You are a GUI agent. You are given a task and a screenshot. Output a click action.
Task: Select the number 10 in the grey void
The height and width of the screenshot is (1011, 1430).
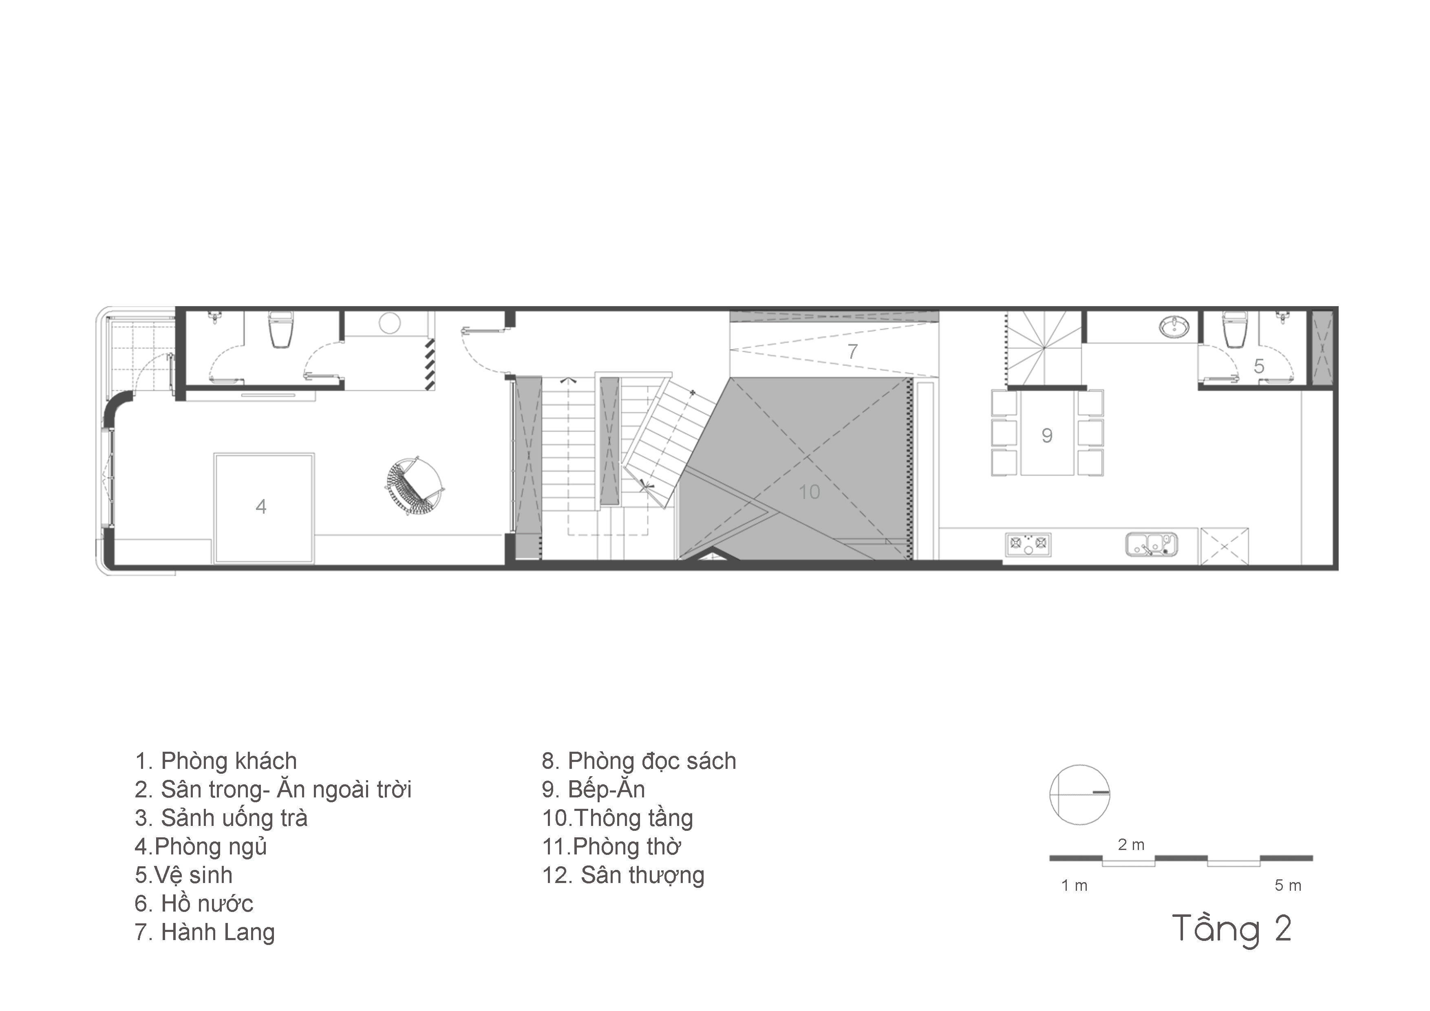coord(809,492)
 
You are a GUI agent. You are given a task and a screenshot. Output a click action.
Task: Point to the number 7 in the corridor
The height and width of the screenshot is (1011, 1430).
coord(853,351)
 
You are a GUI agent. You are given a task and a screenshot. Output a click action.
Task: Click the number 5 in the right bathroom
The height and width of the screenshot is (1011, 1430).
coord(1259,366)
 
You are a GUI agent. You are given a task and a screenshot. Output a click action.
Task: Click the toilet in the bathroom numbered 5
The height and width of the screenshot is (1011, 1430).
coord(1234,329)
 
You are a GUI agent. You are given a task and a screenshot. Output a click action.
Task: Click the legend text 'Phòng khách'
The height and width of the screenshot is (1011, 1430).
coord(229,761)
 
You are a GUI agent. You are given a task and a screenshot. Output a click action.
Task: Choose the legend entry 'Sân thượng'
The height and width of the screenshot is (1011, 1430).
coord(623,876)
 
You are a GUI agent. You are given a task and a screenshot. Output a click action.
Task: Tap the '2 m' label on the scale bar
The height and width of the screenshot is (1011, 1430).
coord(1131,845)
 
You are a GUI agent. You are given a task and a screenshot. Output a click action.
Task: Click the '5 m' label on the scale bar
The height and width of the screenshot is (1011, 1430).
coord(1288,885)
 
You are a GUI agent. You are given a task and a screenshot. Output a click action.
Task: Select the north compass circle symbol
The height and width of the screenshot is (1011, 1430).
coord(1079,795)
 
